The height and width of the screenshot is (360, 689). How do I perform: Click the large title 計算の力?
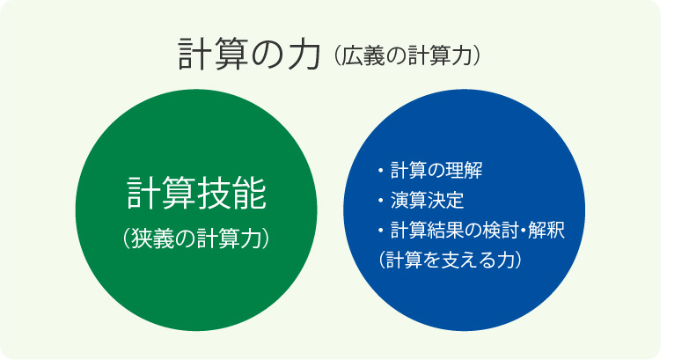(x=249, y=54)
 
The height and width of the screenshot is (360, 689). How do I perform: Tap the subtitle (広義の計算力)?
(x=407, y=55)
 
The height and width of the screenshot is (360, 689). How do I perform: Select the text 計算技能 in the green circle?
(x=196, y=194)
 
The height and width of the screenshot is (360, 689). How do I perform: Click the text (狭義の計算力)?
(x=196, y=239)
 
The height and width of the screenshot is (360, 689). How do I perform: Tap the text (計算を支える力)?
(x=451, y=260)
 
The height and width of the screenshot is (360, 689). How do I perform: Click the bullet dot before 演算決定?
(x=380, y=201)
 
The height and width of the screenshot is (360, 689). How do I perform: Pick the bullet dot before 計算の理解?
(x=380, y=171)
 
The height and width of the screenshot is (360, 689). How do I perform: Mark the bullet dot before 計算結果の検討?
(x=380, y=231)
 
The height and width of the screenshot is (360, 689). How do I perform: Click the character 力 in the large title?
(x=304, y=54)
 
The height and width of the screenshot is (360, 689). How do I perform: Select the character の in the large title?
(x=268, y=55)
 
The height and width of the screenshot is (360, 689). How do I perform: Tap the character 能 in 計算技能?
(x=250, y=194)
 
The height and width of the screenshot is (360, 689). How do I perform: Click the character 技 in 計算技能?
(x=214, y=194)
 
